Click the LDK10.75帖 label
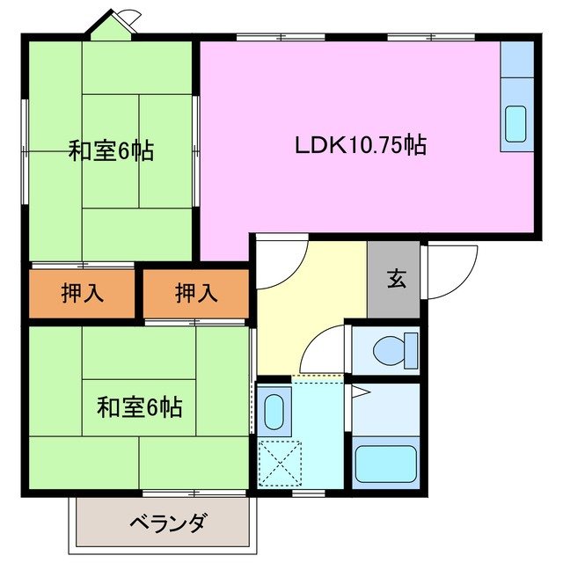[x=361, y=145]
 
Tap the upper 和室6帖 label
[x=112, y=151]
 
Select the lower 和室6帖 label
[x=139, y=407]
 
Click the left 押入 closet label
[x=83, y=294]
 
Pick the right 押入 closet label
[x=195, y=294]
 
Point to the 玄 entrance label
[x=395, y=281]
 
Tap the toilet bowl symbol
[x=388, y=350]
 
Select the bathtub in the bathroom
[x=384, y=464]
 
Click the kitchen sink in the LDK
[x=515, y=124]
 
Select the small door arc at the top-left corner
[x=128, y=18]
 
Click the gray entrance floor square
[x=395, y=280]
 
